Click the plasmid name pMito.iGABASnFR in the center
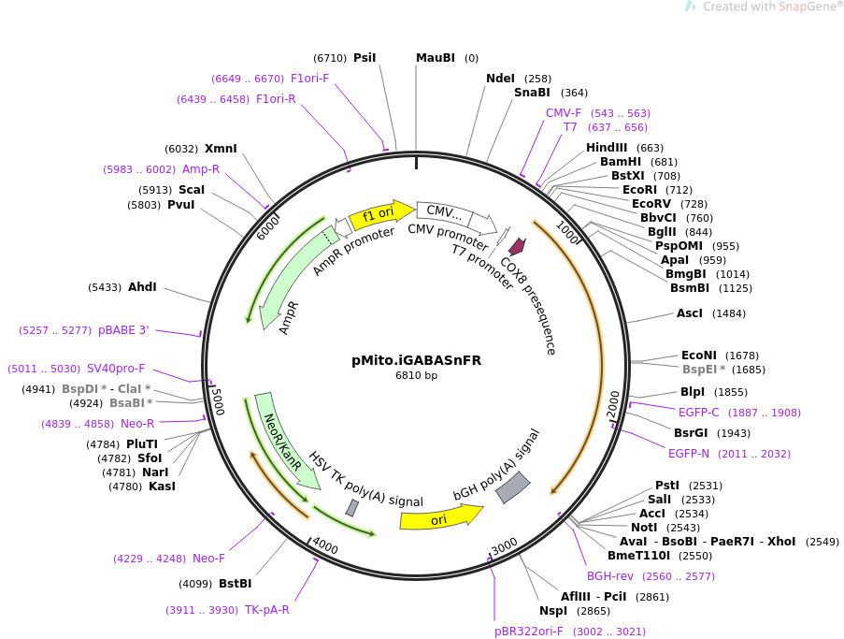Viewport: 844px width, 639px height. point(416,360)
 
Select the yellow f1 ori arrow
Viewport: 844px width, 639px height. point(379,215)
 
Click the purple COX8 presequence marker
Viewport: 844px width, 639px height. point(515,247)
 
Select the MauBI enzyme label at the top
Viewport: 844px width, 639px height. point(436,58)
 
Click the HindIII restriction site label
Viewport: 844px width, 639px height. point(607,148)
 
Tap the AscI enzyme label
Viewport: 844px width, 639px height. point(690,313)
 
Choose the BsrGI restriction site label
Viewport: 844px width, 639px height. point(692,432)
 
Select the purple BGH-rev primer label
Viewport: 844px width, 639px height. point(609,576)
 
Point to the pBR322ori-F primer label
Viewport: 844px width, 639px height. point(529,632)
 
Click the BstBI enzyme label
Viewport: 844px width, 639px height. point(235,584)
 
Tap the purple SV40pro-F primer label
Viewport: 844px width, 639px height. point(116,369)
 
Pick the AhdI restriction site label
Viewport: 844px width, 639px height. point(142,287)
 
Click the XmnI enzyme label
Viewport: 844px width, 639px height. point(221,148)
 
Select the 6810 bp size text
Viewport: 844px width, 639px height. point(416,376)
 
